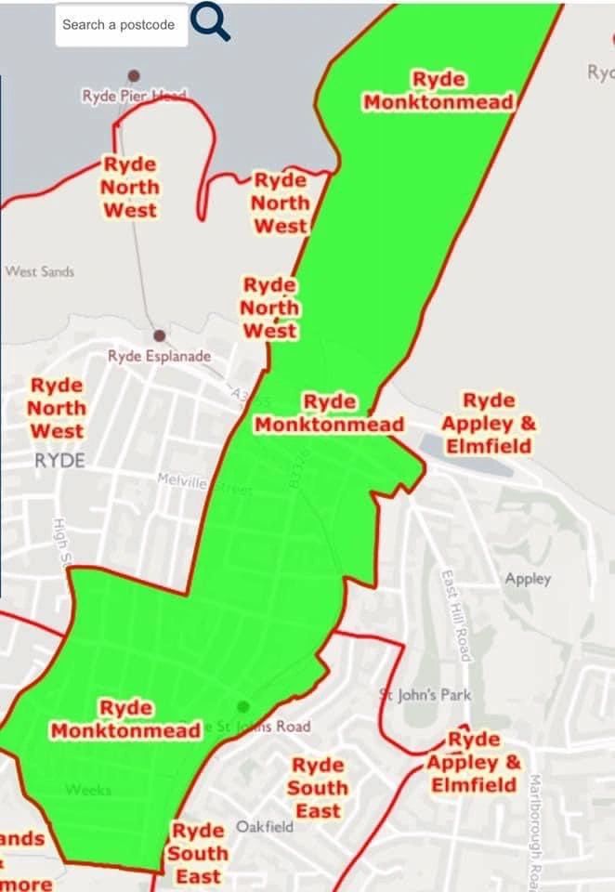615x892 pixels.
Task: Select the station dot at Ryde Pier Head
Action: [135, 74]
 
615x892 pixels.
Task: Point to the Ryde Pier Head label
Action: [134, 96]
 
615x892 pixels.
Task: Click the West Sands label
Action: [39, 271]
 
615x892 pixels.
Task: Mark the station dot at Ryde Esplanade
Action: [160, 334]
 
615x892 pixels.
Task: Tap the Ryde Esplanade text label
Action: [159, 356]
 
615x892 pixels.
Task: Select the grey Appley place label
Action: [528, 579]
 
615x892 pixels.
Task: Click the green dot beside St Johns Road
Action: [243, 706]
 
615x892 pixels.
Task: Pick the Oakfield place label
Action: [265, 826]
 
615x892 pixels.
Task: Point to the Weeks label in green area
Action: [88, 790]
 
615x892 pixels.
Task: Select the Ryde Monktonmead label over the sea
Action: [438, 90]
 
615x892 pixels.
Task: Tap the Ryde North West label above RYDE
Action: [57, 408]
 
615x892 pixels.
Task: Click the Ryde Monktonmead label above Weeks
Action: [126, 719]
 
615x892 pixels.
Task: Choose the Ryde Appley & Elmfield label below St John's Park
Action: [473, 762]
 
